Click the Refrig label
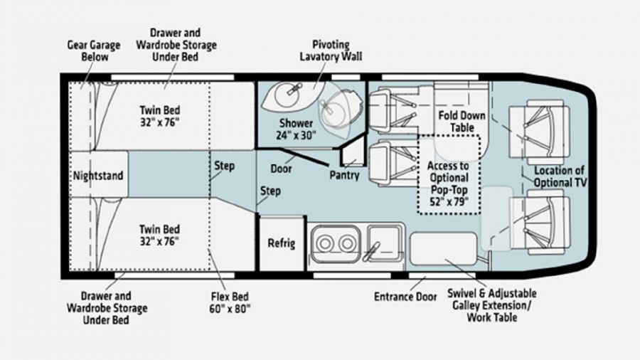pyautogui.click(x=281, y=243)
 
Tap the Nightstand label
pyautogui.click(x=98, y=176)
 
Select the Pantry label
pyautogui.click(x=344, y=176)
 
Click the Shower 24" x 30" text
pyautogui.click(x=296, y=129)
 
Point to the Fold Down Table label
pyautogui.click(x=462, y=121)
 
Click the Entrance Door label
pyautogui.click(x=405, y=297)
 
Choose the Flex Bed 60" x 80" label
pyautogui.click(x=230, y=302)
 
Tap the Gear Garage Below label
pyautogui.click(x=94, y=51)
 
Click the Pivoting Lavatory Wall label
pyautogui.click(x=331, y=51)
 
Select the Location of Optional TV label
pyautogui.click(x=560, y=176)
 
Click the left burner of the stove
pyautogui.click(x=325, y=243)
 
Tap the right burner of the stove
pyautogui.click(x=347, y=243)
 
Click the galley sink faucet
pyautogui.click(x=372, y=251)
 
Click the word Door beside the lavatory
pyautogui.click(x=281, y=169)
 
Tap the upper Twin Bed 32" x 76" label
pyautogui.click(x=159, y=116)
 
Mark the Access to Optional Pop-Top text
pyautogui.click(x=449, y=178)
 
